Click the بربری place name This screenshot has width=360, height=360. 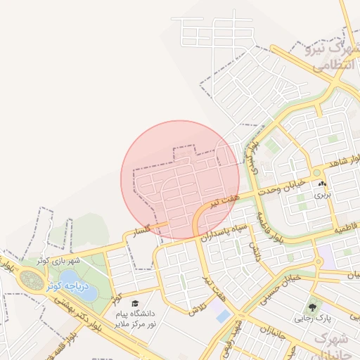[x=322, y=194]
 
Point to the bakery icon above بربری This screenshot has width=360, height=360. [x=323, y=184]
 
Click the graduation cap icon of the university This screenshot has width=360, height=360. [x=135, y=304]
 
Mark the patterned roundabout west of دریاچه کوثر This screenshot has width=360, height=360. [x=31, y=279]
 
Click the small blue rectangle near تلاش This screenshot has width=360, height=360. [x=223, y=316]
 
